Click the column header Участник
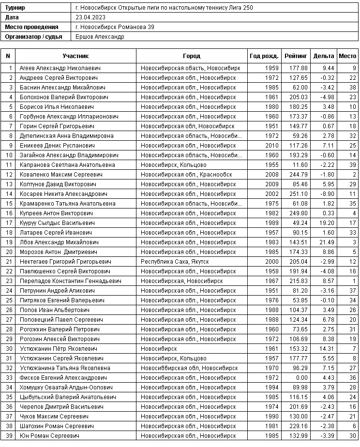click(75, 56)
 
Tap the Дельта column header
click(324, 56)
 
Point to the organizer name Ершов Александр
click(100, 37)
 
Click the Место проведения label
click(31, 27)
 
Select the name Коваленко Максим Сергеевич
click(54, 174)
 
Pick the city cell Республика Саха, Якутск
click(175, 261)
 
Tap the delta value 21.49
click(327, 242)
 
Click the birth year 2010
click(272, 145)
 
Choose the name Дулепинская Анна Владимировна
click(67, 135)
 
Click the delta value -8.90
click(327, 194)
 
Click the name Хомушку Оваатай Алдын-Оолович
click(66, 387)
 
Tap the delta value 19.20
click(327, 223)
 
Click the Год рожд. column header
click(264, 56)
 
